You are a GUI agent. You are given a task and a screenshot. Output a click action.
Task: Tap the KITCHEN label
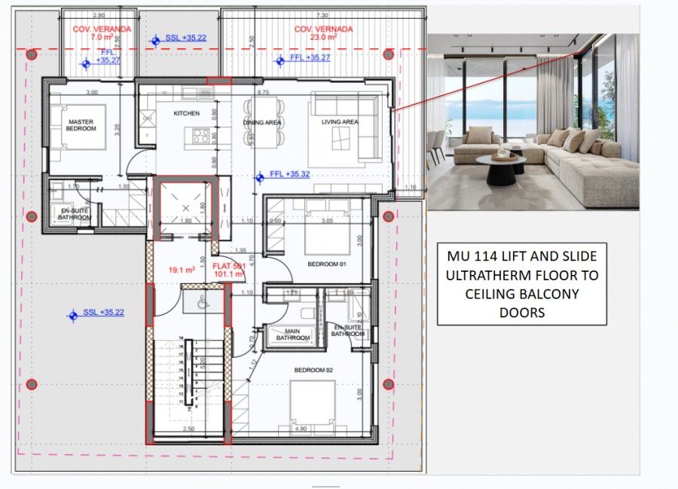[x=186, y=113]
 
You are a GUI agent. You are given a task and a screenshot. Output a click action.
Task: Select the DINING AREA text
[x=262, y=122]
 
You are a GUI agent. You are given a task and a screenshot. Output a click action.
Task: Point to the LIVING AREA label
[x=340, y=122]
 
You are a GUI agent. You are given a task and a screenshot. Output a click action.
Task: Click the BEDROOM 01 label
[x=325, y=265]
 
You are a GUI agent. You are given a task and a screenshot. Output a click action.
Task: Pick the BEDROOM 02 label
[x=314, y=370]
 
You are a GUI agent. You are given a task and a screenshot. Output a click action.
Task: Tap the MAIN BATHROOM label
[x=292, y=335]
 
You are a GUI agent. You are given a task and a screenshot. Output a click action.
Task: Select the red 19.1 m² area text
[x=182, y=268]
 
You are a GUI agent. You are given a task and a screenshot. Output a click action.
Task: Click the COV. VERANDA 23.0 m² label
[x=323, y=33]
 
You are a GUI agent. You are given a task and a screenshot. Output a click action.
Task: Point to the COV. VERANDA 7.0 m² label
[x=101, y=32]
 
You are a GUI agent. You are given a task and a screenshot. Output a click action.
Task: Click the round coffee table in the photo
[x=504, y=167]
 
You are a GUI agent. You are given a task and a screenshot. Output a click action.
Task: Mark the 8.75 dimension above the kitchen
[x=263, y=92]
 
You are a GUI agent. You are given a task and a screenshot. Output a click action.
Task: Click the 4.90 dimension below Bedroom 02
[x=301, y=429]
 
